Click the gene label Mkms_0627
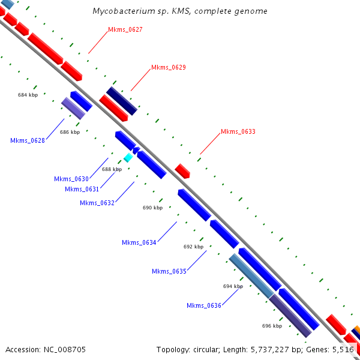tap(125, 29)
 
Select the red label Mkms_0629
tap(168, 67)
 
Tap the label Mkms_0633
tap(238, 131)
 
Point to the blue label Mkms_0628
tap(28, 140)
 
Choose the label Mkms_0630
tap(71, 179)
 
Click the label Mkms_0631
tap(82, 189)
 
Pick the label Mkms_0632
tap(97, 203)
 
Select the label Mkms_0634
tap(139, 242)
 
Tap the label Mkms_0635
tap(169, 271)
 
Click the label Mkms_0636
tap(203, 305)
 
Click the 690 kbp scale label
tap(152, 208)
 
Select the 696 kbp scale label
tap(272, 326)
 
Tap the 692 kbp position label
tap(193, 247)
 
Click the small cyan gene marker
tap(128, 157)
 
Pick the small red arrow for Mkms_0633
tap(182, 170)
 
